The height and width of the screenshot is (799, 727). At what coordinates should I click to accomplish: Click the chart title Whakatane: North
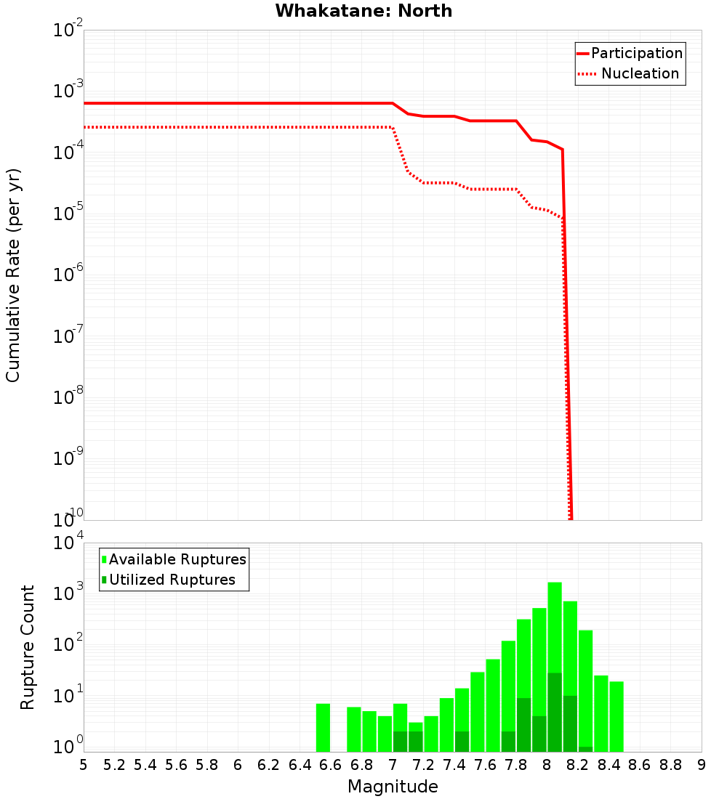pos(363,11)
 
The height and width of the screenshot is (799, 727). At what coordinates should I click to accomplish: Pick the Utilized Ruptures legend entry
pos(172,580)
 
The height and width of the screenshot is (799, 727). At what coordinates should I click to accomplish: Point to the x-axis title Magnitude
pos(393,787)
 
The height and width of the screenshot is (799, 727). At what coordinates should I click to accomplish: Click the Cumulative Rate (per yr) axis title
pos(13,275)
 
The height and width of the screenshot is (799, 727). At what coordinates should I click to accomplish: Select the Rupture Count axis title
pos(28,647)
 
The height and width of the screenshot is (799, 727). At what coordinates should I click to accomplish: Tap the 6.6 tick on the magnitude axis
pos(331,765)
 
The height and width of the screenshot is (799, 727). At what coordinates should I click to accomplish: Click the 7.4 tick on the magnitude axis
pos(454,765)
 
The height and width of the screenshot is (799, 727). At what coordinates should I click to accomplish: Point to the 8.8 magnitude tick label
pos(670,765)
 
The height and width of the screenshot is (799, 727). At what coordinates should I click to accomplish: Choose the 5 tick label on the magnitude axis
pos(84,765)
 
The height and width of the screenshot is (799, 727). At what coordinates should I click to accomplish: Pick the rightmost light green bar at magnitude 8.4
pos(616,716)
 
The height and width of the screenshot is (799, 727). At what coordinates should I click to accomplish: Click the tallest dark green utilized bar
pos(555,712)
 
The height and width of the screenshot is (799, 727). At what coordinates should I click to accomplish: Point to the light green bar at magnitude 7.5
pos(478,712)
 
